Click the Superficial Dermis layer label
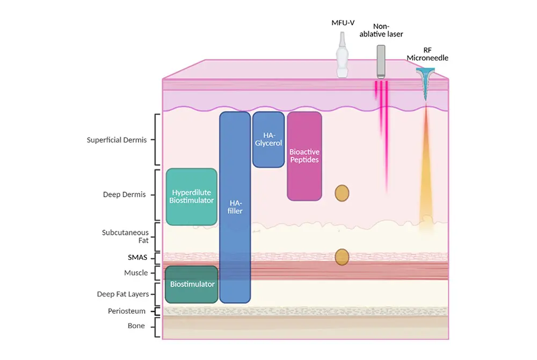(117, 140)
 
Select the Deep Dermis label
(124, 195)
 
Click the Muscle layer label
(136, 273)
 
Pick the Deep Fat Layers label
(124, 294)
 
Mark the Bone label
(136, 326)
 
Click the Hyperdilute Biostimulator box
(192, 197)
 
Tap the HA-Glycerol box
(268, 140)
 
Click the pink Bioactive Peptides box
(304, 156)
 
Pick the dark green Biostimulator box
(192, 284)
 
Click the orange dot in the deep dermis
(342, 193)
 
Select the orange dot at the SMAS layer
(342, 257)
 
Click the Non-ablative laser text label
(381, 30)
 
